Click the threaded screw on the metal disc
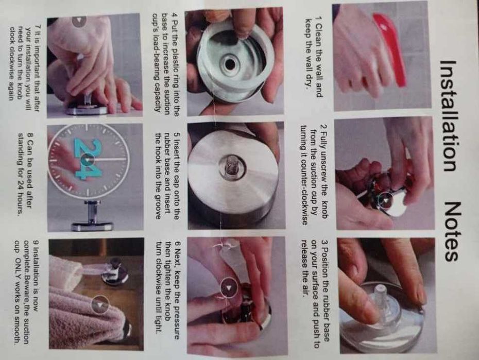pyautogui.click(x=231, y=168)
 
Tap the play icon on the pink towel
pyautogui.click(x=100, y=304)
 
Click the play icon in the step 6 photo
pyautogui.click(x=229, y=287)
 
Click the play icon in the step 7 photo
pyautogui.click(x=79, y=20)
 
